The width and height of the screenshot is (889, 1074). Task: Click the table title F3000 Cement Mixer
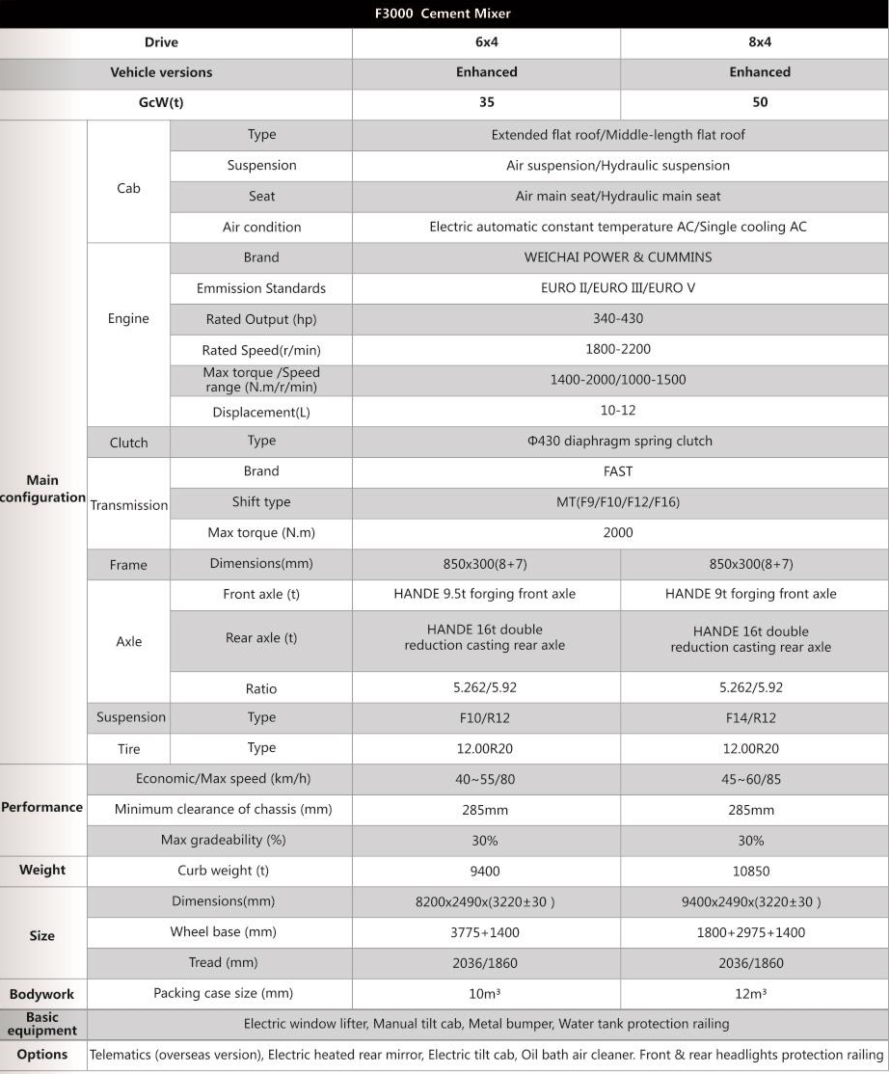pos(443,13)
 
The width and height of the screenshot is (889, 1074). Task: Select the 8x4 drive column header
pos(759,42)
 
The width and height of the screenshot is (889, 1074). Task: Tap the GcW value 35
pos(486,102)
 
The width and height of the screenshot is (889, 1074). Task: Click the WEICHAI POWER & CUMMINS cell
pos(618,257)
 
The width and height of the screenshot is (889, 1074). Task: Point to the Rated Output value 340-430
pos(618,319)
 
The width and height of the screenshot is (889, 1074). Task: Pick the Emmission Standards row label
pos(261,288)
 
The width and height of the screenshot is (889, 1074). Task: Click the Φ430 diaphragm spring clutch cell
pos(619,441)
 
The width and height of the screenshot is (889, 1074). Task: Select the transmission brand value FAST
pos(618,471)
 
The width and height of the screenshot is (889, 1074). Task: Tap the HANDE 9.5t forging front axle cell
pos(485,594)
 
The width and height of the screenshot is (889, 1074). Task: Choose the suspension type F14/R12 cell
pos(751,717)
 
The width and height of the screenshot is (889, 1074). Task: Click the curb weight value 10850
pos(751,871)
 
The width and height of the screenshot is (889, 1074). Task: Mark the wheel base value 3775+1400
pos(485,932)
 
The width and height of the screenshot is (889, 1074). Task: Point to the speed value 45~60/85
pos(751,779)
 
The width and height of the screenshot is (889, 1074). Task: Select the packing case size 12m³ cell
pos(751,994)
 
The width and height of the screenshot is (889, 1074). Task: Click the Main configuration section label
pos(42,489)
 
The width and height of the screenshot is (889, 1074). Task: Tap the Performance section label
pos(42,807)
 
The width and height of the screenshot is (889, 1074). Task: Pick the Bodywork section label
pos(42,994)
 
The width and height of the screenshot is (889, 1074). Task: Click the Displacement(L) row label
pos(261,412)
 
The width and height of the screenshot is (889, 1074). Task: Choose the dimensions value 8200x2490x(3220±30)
pos(485,901)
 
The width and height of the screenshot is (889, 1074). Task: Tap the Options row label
pos(42,1054)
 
